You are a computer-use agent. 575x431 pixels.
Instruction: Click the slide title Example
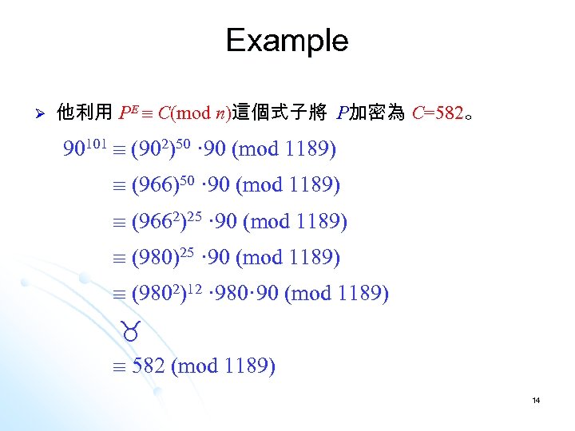(287, 40)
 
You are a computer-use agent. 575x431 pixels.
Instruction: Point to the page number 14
(537, 400)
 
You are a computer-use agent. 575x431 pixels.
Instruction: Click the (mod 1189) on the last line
(224, 366)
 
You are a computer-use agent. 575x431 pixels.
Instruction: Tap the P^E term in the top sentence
(129, 113)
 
